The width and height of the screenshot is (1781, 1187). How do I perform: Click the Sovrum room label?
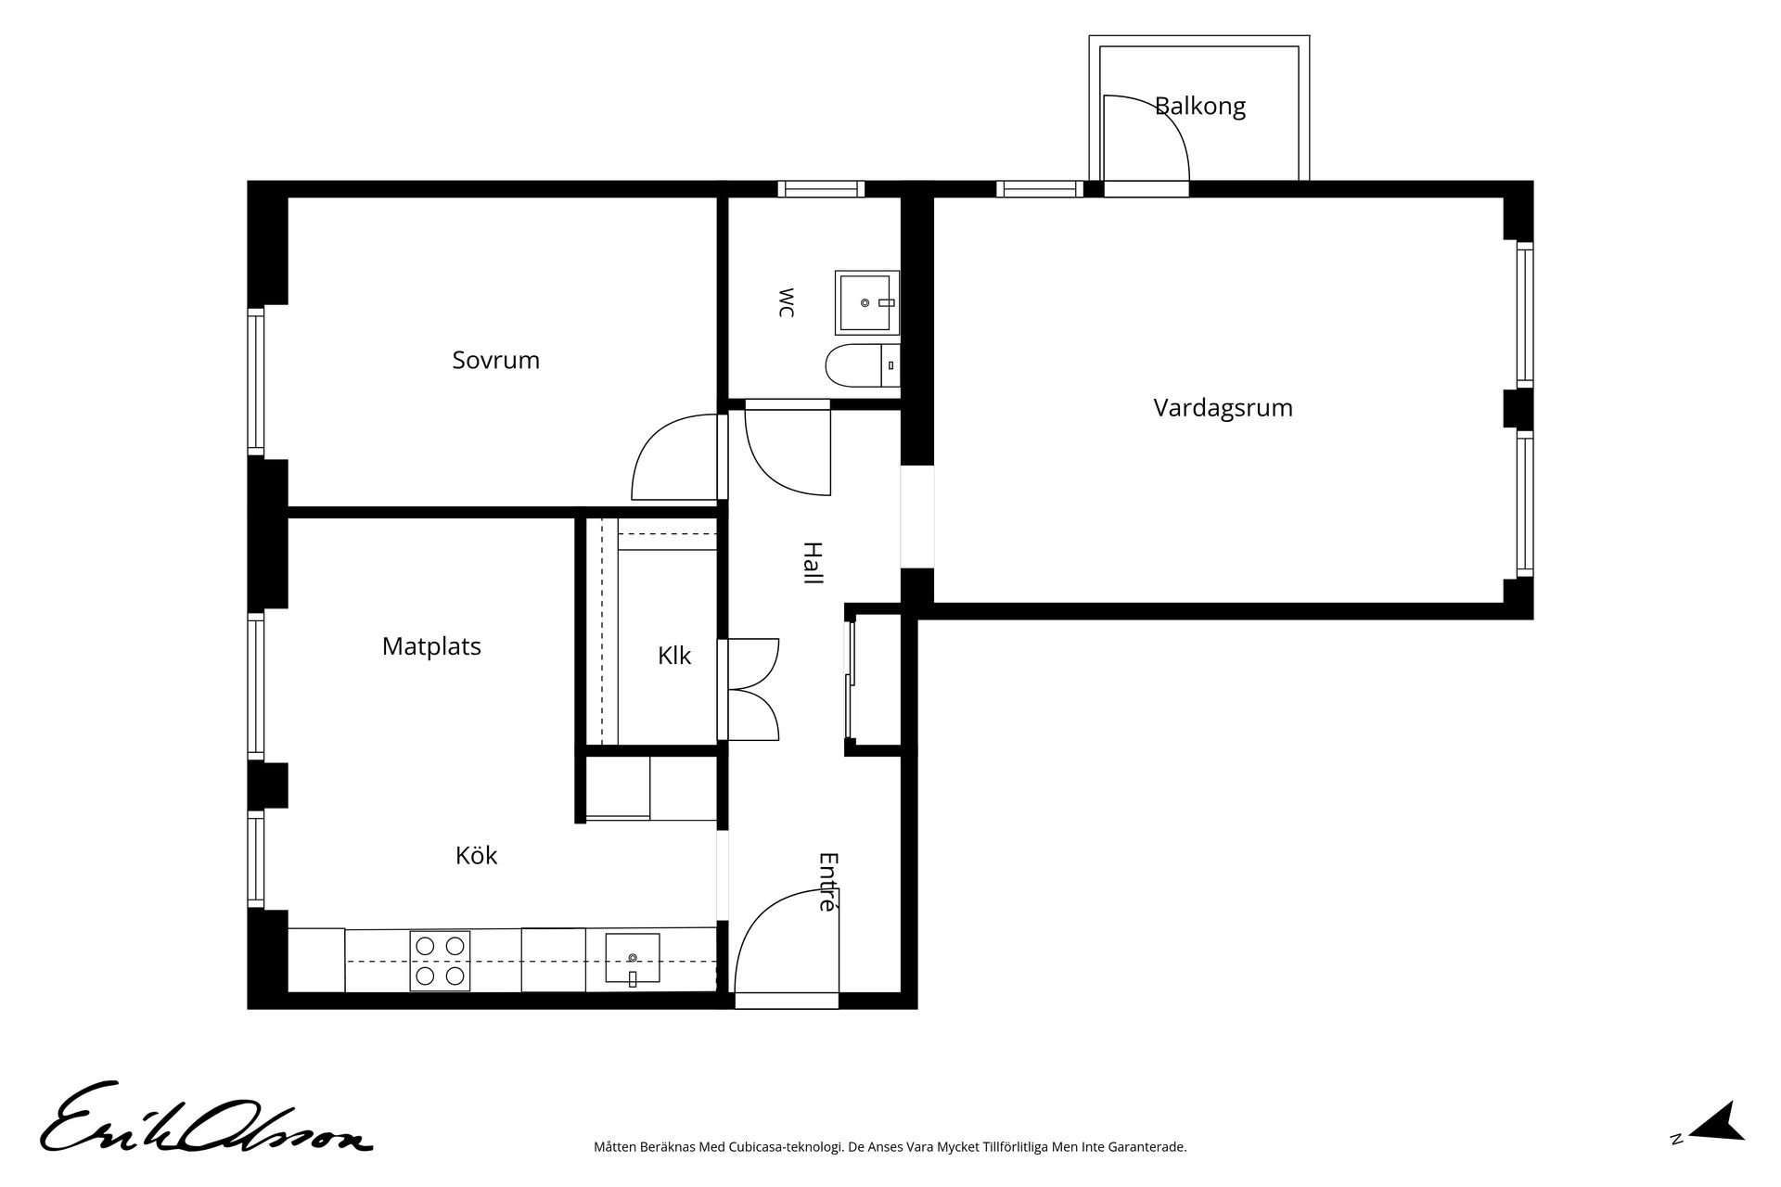pyautogui.click(x=495, y=360)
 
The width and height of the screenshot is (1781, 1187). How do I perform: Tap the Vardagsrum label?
pyautogui.click(x=1223, y=408)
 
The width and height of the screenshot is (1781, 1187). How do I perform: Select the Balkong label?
pyautogui.click(x=1199, y=107)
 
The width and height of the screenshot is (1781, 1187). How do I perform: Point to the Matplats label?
pyautogui.click(x=431, y=646)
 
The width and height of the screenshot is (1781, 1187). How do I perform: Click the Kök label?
pyautogui.click(x=476, y=855)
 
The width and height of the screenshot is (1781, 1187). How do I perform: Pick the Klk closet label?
pyautogui.click(x=674, y=656)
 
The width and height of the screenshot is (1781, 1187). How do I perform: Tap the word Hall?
pyautogui.click(x=813, y=563)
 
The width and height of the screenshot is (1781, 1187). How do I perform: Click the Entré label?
pyautogui.click(x=827, y=882)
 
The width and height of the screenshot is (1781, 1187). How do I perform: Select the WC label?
pyautogui.click(x=786, y=303)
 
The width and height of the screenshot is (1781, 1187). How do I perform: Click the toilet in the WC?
pyautogui.click(x=862, y=365)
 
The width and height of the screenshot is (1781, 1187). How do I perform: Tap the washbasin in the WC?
pyautogui.click(x=866, y=302)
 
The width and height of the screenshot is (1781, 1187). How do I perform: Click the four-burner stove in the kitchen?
pyautogui.click(x=440, y=961)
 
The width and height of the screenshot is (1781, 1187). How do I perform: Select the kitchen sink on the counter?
pyautogui.click(x=633, y=958)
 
